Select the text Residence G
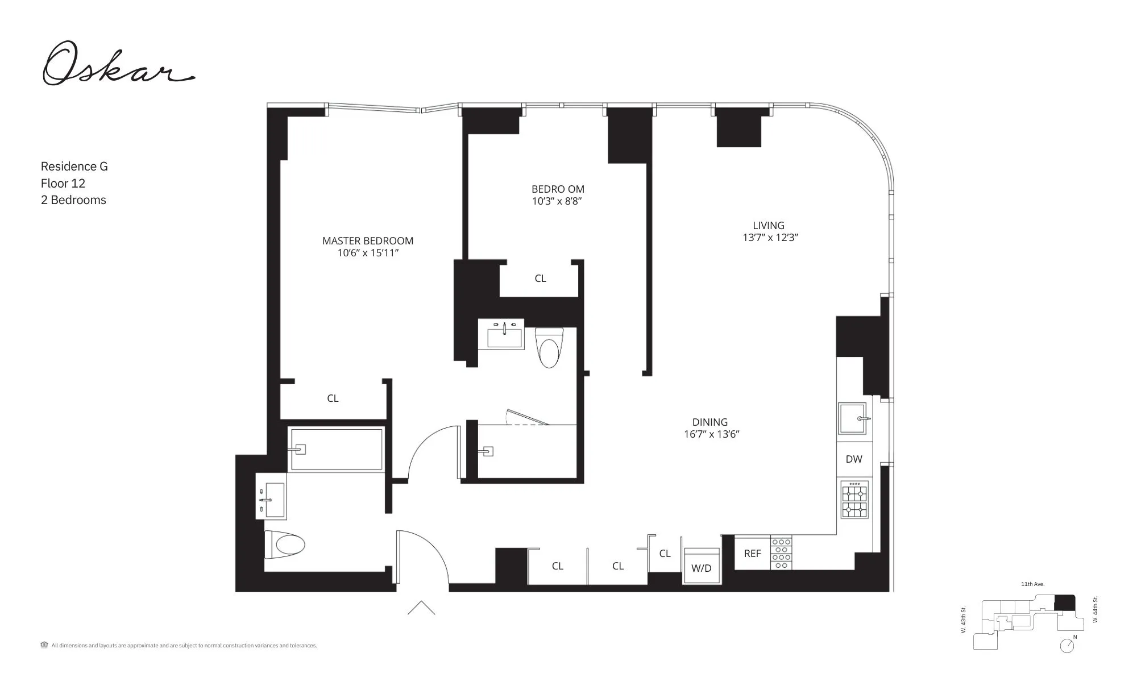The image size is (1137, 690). pos(74,167)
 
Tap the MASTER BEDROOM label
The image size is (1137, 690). pos(367,241)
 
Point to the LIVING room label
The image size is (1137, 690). pos(768,226)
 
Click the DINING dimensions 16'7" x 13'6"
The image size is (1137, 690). pos(711,435)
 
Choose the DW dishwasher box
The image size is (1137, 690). pos(854,459)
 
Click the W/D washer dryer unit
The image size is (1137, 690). pos(702,566)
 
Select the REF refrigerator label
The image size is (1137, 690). pos(752,553)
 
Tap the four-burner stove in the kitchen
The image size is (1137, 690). pos(855,500)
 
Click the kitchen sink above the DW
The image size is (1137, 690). pos(853,419)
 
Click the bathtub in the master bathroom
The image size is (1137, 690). pos(337,450)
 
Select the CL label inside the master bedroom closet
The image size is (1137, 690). pos(333,398)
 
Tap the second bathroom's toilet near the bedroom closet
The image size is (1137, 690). pos(549,348)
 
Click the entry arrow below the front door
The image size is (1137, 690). pos(421,608)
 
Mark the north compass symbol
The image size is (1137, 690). pos(1067,646)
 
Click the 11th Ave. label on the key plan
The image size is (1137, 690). pos(1032,584)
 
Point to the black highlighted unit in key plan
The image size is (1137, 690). pos(1064,603)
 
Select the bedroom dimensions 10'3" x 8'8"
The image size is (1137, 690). pos(557,201)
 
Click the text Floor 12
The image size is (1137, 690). pos(63,183)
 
